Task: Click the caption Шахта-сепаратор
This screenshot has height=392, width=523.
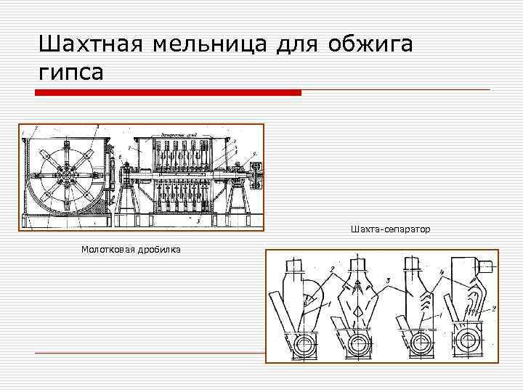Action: pos(389,229)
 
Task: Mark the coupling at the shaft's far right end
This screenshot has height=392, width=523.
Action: pos(256,172)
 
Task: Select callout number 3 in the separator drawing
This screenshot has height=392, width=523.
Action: pos(389,279)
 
